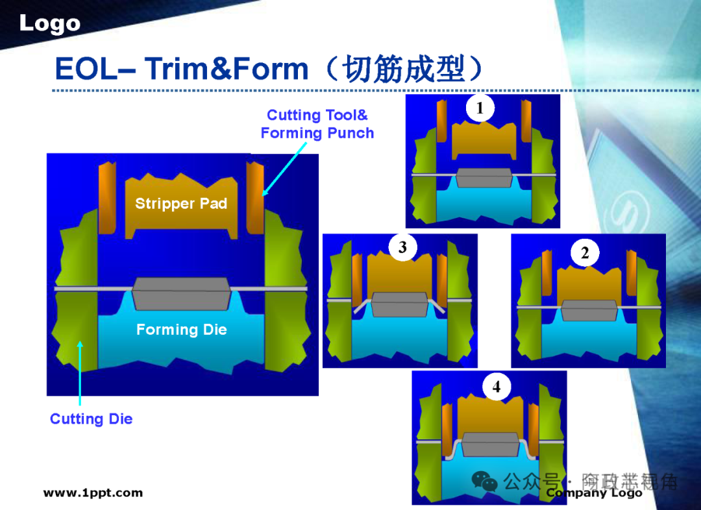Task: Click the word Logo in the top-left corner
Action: (49, 24)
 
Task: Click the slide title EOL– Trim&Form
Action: (181, 69)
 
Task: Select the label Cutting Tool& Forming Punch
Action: (317, 124)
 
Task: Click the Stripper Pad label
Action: (181, 204)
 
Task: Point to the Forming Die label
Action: (181, 330)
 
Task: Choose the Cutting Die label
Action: (91, 419)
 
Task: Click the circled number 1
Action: (480, 108)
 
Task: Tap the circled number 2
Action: (585, 253)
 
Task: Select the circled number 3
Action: (403, 247)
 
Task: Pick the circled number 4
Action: (497, 387)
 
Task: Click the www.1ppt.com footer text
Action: (93, 493)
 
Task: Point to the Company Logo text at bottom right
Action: (594, 493)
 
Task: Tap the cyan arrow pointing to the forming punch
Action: (284, 167)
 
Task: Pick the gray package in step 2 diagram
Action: (589, 310)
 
